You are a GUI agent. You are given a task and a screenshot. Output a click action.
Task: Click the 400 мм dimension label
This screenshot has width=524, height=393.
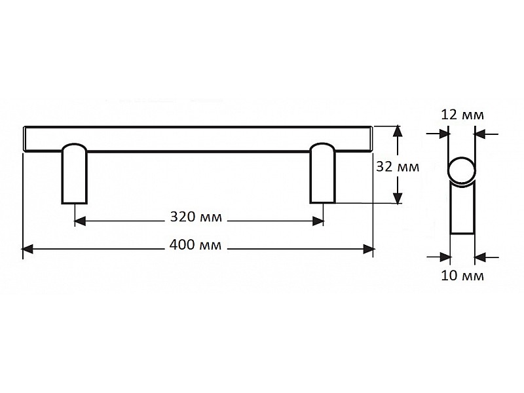point(195,245)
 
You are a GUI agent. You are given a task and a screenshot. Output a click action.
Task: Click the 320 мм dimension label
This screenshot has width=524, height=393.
point(196,217)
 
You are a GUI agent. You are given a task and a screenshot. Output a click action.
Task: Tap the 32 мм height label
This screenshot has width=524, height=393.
point(398,166)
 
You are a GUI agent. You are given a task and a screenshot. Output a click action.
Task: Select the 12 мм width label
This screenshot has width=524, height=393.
point(462,115)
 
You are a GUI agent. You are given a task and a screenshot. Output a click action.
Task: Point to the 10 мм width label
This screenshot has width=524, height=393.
point(462,276)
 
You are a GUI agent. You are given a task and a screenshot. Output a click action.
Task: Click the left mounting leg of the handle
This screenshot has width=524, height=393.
point(74,174)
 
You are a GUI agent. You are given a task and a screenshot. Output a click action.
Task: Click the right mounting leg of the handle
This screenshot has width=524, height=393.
point(322,173)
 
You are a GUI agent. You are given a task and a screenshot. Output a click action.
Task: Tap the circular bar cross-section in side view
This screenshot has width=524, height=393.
point(461,170)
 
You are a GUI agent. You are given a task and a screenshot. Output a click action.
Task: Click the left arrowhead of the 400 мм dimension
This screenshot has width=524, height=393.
point(28,249)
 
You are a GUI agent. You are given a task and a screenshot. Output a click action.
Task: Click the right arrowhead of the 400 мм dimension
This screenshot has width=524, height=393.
point(369,249)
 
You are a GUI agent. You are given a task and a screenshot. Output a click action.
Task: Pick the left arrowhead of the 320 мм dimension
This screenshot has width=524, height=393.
point(80,221)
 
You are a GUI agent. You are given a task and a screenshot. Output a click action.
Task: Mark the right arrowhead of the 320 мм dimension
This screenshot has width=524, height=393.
point(318,221)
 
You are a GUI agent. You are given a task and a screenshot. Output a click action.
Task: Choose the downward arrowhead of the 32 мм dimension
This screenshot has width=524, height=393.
point(397,198)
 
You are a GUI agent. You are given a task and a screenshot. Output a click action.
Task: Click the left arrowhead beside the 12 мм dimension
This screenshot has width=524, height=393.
point(444,134)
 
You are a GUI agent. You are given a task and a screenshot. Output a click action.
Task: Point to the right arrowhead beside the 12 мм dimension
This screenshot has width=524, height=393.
point(480,134)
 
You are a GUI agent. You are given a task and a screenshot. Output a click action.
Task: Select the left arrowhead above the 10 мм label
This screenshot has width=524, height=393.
point(445,257)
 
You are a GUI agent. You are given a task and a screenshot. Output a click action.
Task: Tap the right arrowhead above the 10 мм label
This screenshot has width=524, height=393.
point(480,257)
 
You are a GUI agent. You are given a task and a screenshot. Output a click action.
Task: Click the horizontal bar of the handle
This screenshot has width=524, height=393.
point(198,139)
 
